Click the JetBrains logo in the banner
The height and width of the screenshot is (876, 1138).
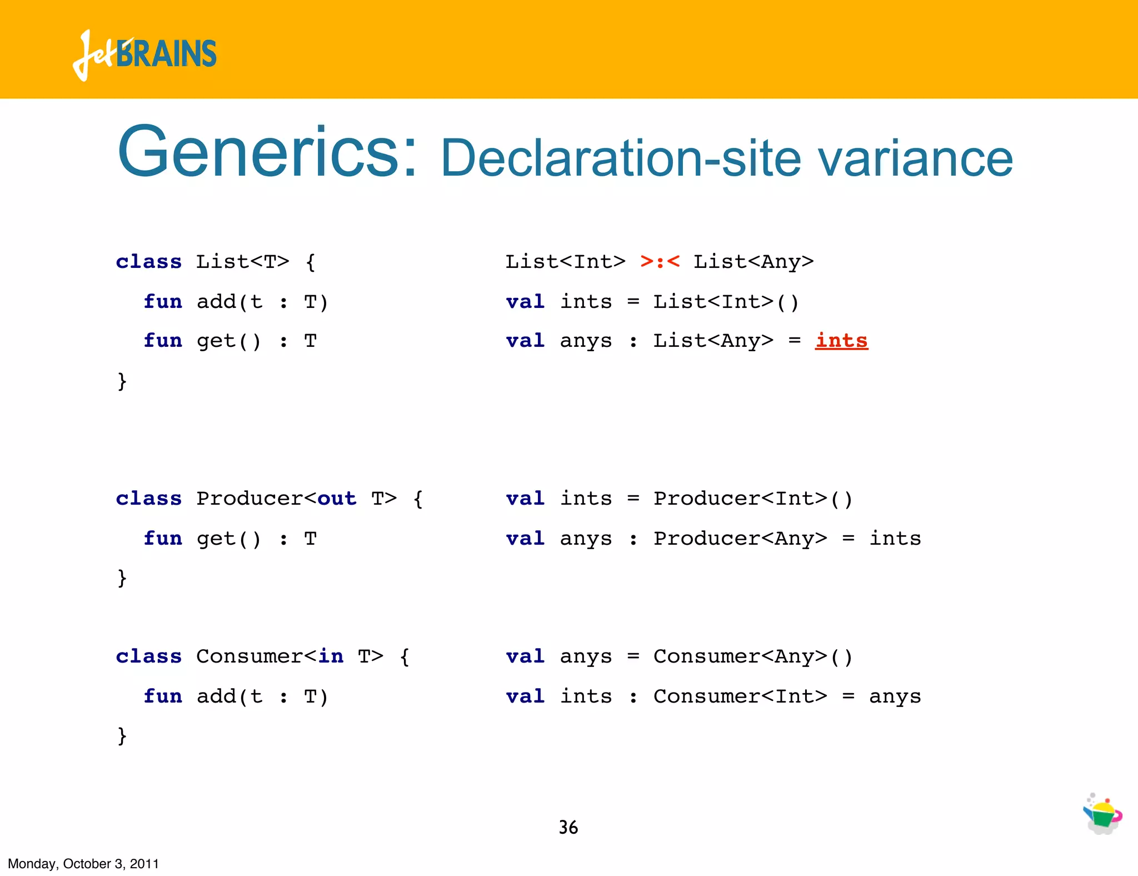[x=144, y=54]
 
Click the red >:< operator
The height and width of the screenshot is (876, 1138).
[x=660, y=261]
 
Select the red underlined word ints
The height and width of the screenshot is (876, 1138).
[x=841, y=340]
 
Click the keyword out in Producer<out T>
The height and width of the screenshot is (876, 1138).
[x=337, y=498]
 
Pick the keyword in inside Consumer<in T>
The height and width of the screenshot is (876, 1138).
[x=331, y=656]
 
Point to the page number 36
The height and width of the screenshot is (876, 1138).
[x=568, y=827]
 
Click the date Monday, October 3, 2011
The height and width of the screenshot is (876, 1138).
[x=83, y=863]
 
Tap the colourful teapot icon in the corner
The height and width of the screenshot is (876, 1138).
[x=1102, y=814]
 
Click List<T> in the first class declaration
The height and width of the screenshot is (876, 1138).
[x=242, y=261]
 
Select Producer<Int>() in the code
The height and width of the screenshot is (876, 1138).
[x=752, y=498]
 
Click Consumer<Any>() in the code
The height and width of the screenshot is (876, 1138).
[x=752, y=656]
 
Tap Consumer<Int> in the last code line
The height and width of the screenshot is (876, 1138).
[x=740, y=696]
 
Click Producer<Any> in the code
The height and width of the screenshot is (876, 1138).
[x=740, y=538]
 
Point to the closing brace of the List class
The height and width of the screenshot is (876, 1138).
[x=122, y=381]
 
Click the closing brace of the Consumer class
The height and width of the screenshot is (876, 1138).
[x=122, y=736]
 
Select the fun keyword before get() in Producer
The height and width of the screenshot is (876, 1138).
[x=162, y=538]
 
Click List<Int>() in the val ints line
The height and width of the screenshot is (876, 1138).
[x=726, y=301]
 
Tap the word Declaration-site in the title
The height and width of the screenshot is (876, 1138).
[x=621, y=160]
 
